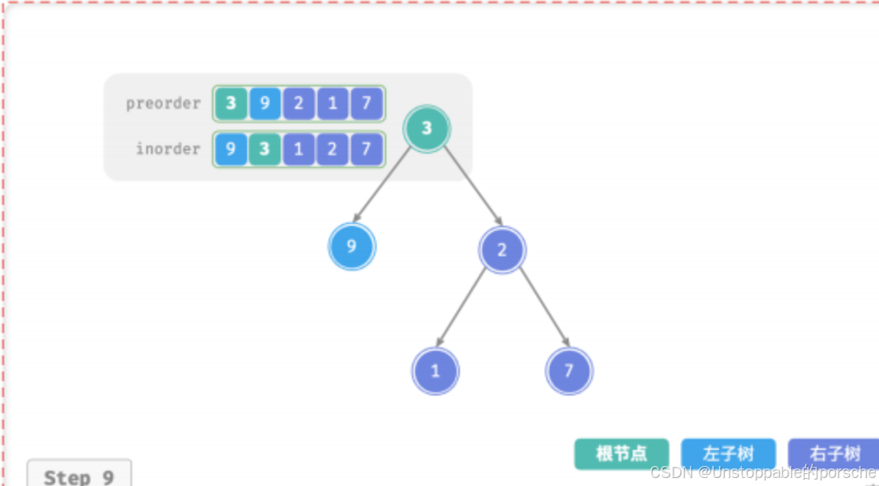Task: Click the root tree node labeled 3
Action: tap(426, 128)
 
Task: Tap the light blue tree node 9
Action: tap(351, 247)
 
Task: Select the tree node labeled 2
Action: tap(501, 250)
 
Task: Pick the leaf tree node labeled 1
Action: tap(435, 372)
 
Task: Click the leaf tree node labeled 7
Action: tap(569, 372)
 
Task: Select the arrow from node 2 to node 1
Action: tap(462, 307)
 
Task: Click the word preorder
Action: tap(163, 103)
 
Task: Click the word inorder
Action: tap(168, 149)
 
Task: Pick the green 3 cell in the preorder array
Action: tap(231, 103)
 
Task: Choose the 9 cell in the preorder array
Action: tap(265, 103)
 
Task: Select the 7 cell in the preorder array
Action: tap(366, 103)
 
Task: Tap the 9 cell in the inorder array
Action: tap(231, 149)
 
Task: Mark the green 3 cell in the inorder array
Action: tap(265, 149)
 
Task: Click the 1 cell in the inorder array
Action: tap(298, 149)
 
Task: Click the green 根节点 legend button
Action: tap(621, 454)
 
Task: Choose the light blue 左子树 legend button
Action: tap(728, 454)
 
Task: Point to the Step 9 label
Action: tap(78, 476)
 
